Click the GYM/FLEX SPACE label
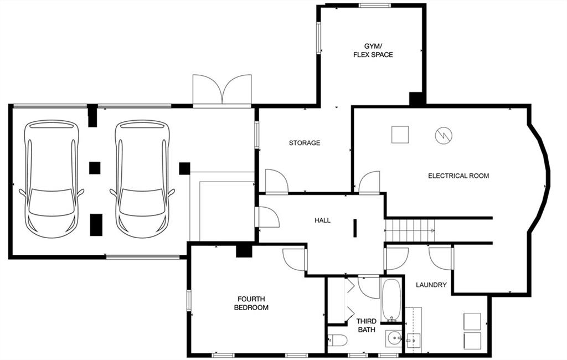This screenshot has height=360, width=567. [x=373, y=50]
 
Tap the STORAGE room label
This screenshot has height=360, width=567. [x=304, y=143]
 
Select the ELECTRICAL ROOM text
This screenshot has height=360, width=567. [x=458, y=176]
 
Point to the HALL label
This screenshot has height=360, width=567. [x=322, y=220]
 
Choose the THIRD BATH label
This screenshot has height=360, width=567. [x=366, y=325]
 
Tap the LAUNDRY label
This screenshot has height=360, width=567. [x=431, y=285]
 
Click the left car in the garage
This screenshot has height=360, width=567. [x=51, y=178]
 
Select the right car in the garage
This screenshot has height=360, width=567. [x=142, y=178]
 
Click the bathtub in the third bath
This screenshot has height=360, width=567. [x=391, y=300]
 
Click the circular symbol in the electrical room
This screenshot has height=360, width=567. [x=444, y=135]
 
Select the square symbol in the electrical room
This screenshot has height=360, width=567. [x=400, y=135]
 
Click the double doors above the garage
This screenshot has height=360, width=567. [x=222, y=90]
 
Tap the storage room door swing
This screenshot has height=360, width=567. [x=276, y=182]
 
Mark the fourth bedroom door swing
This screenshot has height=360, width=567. [x=294, y=259]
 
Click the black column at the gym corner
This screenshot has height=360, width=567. [x=417, y=99]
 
